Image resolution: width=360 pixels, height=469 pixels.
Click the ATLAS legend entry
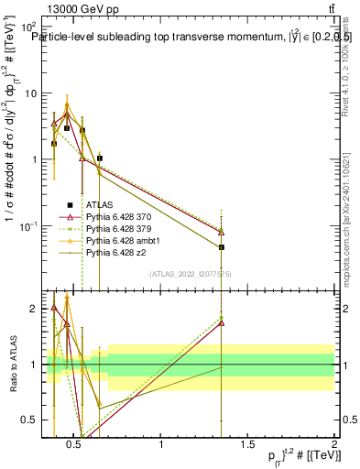point(99,203)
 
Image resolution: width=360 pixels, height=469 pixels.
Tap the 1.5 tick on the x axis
point(247,437)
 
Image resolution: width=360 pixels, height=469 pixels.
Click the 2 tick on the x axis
point(333,437)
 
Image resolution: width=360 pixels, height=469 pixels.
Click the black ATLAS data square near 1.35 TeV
point(222,247)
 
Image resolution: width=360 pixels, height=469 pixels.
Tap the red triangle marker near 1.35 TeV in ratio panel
point(222,323)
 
